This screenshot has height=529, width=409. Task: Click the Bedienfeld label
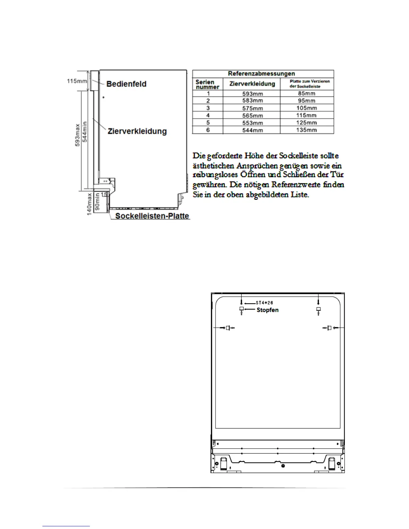coord(126,84)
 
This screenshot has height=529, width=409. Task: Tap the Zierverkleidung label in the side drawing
coord(137,131)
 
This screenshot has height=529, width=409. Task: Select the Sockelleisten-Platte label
coord(152,216)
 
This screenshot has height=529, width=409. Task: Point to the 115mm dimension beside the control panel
coord(77,81)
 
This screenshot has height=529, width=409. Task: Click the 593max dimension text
coord(78,135)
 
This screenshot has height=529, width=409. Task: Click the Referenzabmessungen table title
coord(261,73)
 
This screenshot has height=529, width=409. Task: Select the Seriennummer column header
coord(207,84)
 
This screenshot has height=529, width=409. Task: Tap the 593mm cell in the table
coord(252,94)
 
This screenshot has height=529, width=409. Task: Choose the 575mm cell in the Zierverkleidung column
coord(252,108)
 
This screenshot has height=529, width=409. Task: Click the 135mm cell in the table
coord(306,130)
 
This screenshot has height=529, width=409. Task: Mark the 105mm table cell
coord(306,108)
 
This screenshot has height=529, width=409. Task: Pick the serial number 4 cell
coord(208,116)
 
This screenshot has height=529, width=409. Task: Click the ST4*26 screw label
coord(264,303)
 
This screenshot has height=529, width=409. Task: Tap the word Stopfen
coord(267,310)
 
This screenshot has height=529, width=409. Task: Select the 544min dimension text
coord(85,132)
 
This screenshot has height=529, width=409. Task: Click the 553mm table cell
coord(252,123)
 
